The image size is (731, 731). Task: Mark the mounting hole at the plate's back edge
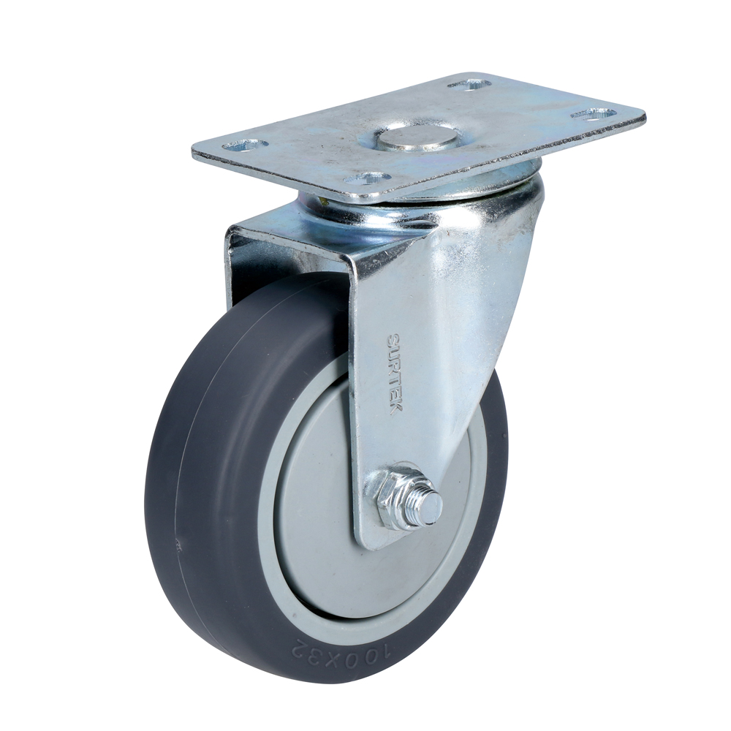tap(469, 85)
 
